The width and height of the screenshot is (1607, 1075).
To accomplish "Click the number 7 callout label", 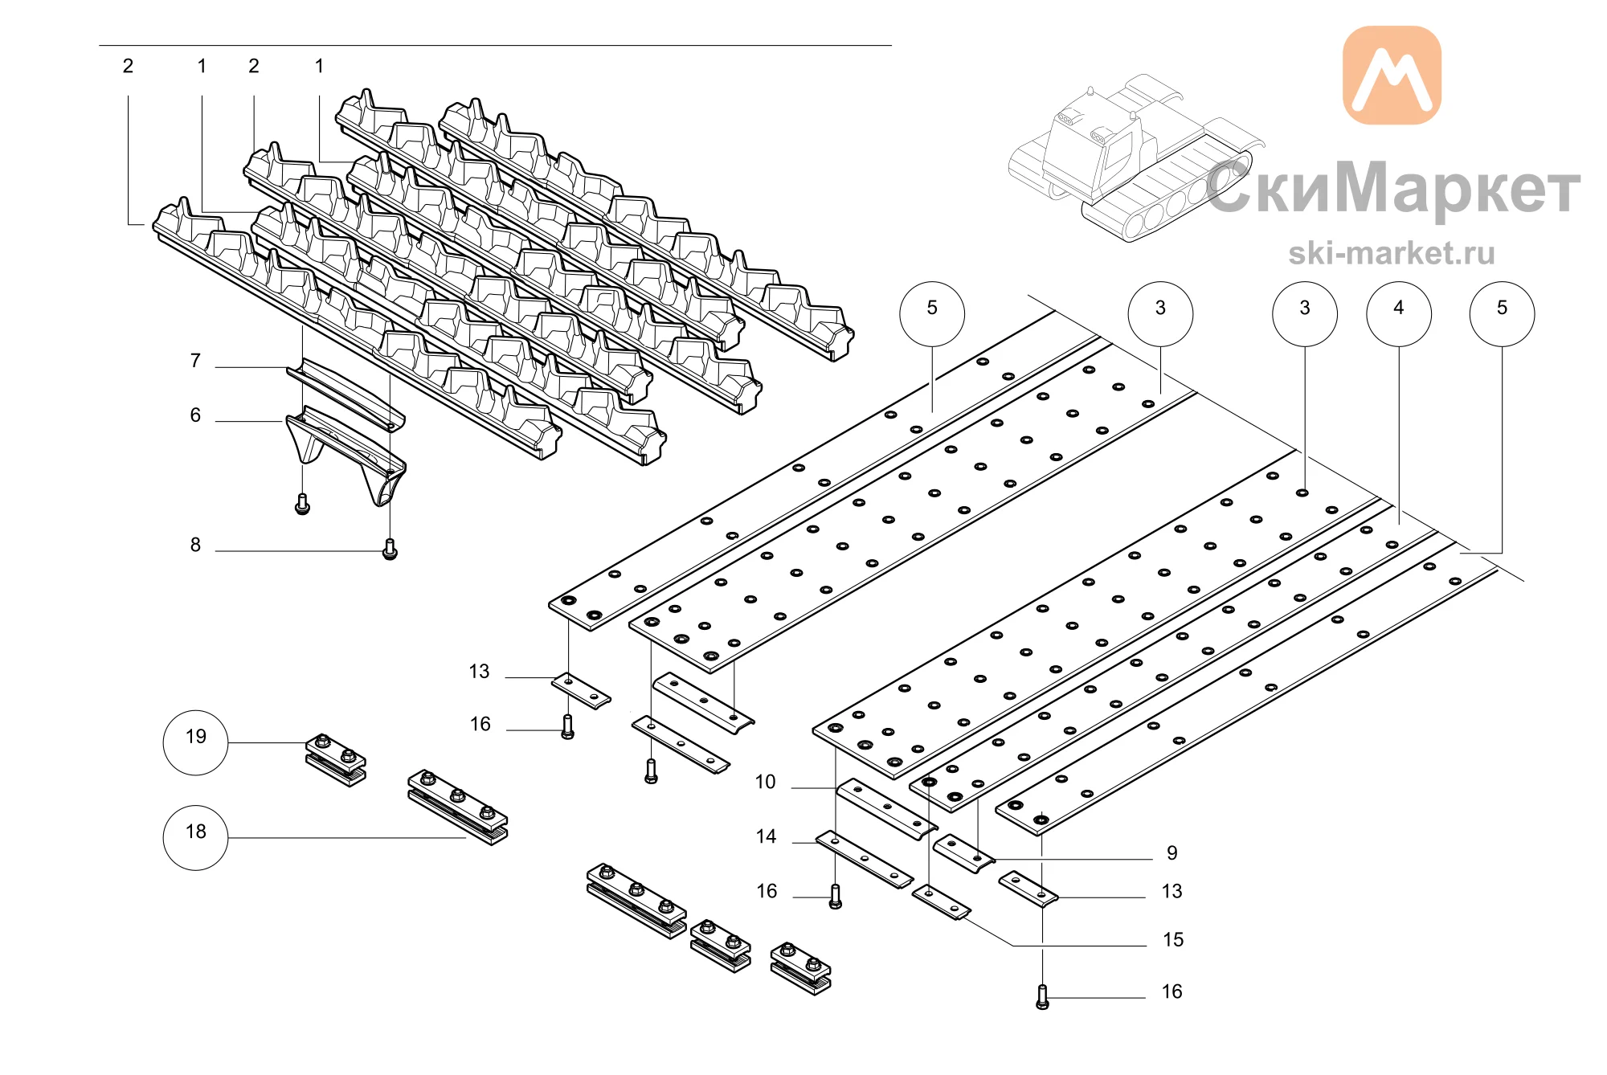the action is (195, 361).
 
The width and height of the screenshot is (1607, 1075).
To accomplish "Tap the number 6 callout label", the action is (195, 415).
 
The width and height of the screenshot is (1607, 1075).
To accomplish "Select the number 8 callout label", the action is (195, 545).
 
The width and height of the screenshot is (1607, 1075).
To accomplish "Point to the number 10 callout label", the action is (765, 782).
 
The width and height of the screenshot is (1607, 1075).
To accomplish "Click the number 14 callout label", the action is (766, 836).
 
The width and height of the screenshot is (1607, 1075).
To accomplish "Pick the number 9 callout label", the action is (1172, 852).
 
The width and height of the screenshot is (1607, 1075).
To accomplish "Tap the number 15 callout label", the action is (1173, 939).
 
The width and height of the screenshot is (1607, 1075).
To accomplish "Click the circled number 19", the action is (195, 742).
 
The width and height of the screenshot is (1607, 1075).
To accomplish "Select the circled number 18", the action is (195, 838).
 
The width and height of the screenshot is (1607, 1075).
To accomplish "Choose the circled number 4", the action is (1399, 314).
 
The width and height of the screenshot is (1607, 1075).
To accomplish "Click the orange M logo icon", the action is (1392, 76).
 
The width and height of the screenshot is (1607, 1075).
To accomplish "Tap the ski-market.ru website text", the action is (1392, 253).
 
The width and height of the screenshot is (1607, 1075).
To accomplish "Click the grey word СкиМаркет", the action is (1393, 188).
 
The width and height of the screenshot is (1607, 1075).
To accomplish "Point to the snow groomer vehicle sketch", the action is (1133, 161).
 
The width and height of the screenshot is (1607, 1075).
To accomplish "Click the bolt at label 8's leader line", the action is (390, 550).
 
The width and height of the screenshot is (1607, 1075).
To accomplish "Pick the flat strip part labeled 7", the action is (346, 394).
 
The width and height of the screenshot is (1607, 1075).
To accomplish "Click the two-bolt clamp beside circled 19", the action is (336, 760).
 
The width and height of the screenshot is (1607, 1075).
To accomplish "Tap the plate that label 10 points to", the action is (886, 808).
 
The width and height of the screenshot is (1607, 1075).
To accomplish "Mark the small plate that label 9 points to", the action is (963, 854).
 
